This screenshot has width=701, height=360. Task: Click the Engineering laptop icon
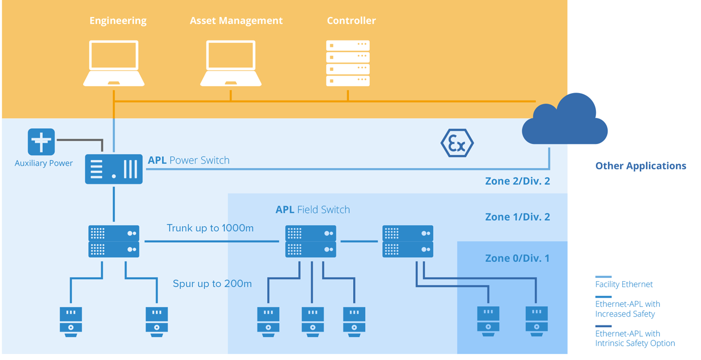click(x=114, y=62)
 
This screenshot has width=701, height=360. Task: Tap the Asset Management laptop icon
click(x=231, y=62)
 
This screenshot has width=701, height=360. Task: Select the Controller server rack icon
click(x=348, y=62)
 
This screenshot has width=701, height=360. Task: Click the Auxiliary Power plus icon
click(x=41, y=142)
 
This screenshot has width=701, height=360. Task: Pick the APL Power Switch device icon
click(x=114, y=169)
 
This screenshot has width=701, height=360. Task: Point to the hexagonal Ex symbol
click(x=457, y=143)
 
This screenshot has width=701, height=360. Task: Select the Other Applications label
click(x=640, y=166)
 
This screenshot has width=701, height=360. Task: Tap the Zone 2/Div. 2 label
click(x=518, y=181)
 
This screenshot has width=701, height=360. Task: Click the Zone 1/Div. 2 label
click(x=518, y=217)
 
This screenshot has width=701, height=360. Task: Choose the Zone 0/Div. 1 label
click(x=518, y=258)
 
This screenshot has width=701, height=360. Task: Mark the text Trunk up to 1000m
click(x=210, y=228)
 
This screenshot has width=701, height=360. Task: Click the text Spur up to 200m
click(x=212, y=284)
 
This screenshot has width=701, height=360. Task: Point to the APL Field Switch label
click(x=313, y=210)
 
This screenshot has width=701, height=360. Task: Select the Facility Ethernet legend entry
click(x=624, y=284)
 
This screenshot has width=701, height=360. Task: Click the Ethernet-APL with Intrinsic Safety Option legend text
click(x=635, y=339)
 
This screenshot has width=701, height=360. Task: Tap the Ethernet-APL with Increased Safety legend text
click(x=628, y=309)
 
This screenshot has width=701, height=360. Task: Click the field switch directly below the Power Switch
click(x=114, y=241)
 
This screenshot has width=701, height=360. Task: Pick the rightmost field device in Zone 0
click(x=536, y=321)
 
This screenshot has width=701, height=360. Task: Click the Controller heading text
click(x=351, y=21)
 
